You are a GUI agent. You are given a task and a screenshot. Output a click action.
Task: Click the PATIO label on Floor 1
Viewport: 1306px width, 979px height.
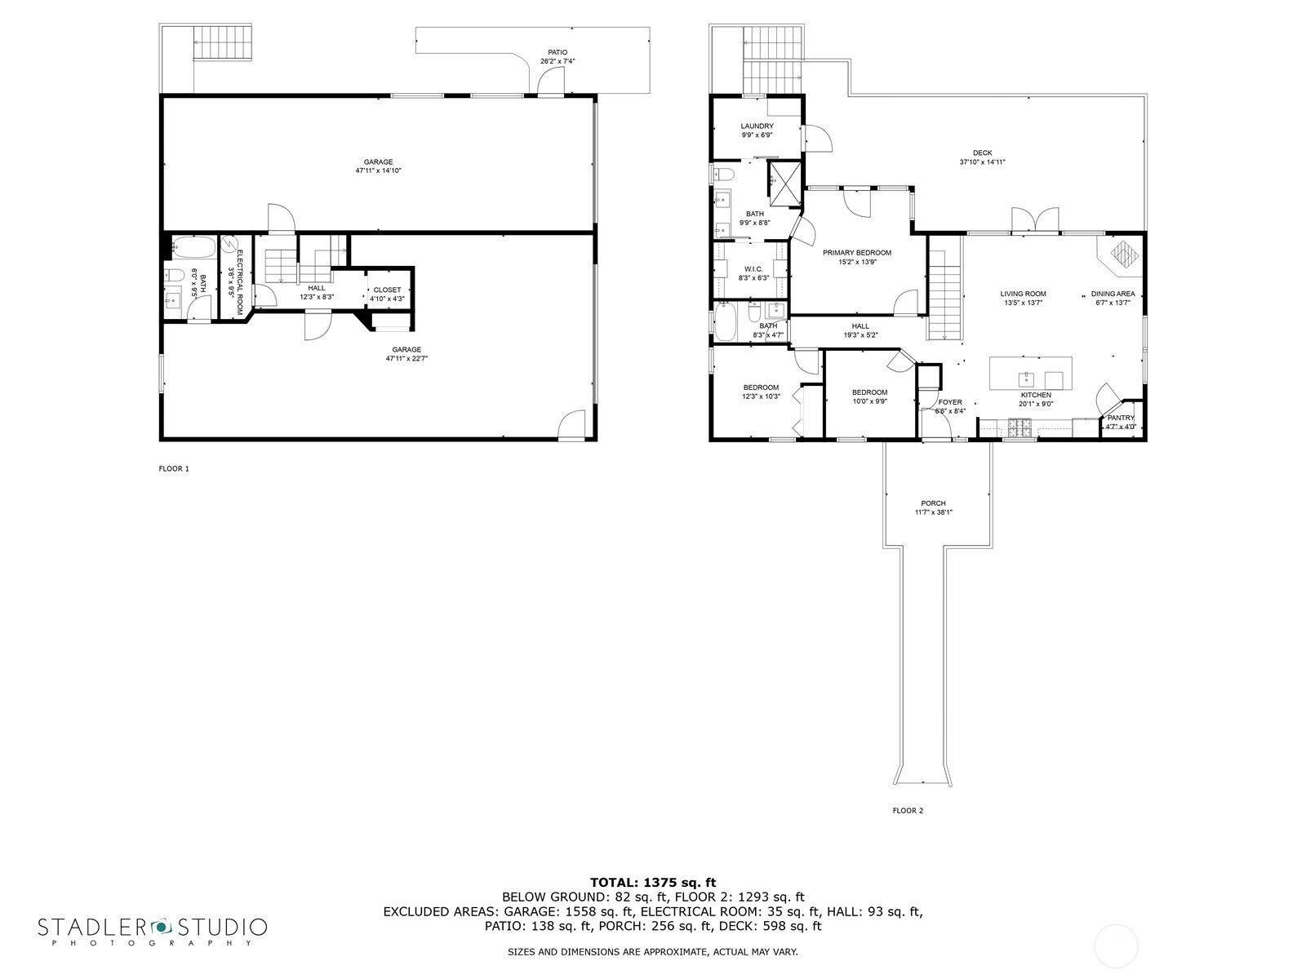[557, 52]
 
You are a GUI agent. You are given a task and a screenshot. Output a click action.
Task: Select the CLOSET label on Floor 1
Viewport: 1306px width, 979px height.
[388, 290]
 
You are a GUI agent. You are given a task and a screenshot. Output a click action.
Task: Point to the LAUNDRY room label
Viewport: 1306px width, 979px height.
[757, 126]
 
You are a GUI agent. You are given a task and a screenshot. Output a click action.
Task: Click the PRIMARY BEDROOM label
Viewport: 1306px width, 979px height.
[857, 253]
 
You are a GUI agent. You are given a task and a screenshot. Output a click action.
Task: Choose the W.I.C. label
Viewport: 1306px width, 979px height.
[753, 269]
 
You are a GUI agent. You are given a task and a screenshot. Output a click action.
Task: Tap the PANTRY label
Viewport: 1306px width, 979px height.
[1121, 418]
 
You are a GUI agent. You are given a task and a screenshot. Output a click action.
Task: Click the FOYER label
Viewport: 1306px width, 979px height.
[950, 402]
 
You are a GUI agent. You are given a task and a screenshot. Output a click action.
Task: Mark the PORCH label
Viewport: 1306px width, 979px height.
[933, 503]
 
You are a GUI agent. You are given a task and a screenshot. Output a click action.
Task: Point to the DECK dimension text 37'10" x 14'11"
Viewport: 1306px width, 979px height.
[982, 162]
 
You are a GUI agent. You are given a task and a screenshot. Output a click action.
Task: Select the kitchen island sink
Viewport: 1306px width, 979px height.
[1026, 379]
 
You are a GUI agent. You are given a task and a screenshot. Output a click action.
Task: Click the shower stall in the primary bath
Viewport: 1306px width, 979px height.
[784, 183]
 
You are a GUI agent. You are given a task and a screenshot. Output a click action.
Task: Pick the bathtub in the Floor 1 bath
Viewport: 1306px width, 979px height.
[194, 247]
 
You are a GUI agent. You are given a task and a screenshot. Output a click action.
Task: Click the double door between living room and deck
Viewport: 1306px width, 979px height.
[1035, 220]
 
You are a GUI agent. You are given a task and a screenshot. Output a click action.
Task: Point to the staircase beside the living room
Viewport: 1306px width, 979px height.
[945, 295]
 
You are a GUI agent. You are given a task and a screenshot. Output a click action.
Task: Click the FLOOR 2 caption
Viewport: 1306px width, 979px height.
[908, 810]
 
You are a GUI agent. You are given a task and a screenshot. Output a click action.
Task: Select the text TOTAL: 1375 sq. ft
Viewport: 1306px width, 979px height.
[653, 883]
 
